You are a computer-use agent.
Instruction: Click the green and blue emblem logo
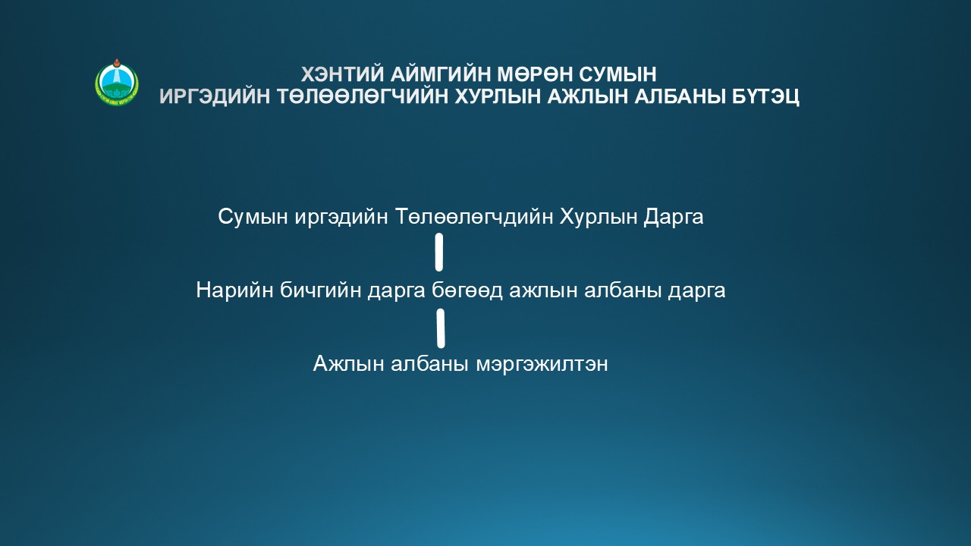[117, 83]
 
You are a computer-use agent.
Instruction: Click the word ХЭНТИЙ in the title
[342, 74]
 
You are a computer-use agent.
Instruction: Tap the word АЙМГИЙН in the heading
[441, 74]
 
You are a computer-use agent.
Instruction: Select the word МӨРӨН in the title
[535, 74]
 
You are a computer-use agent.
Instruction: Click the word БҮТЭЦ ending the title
[766, 96]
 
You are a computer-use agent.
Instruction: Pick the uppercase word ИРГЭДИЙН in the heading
[215, 96]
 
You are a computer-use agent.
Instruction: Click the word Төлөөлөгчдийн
[474, 217]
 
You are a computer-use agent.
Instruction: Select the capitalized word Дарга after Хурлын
[673, 217]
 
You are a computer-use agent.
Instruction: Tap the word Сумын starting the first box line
[253, 217]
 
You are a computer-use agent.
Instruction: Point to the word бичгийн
[321, 290]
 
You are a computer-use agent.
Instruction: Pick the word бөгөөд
[467, 290]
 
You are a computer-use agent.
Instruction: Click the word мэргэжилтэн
[542, 364]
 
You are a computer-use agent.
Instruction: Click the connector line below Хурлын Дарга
[439, 253]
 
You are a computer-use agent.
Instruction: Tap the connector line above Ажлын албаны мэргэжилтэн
[441, 328]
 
